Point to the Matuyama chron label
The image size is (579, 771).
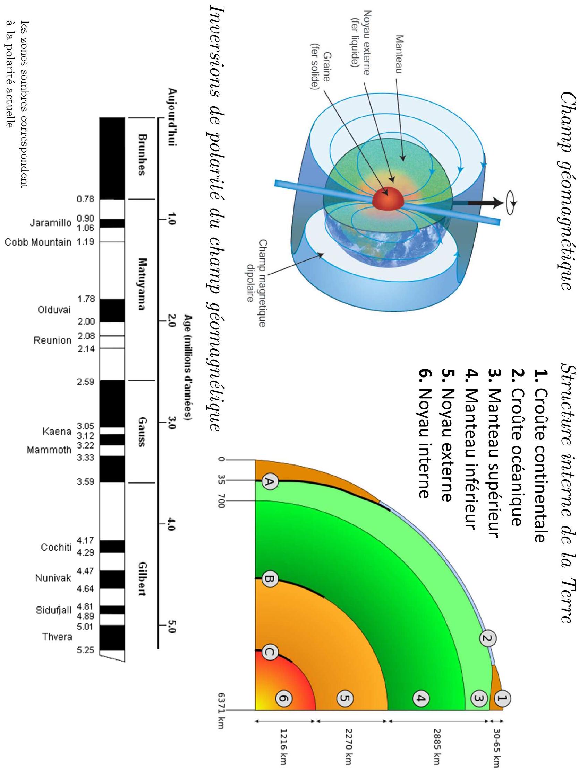pos(141,284)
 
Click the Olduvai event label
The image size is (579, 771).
pos(54,310)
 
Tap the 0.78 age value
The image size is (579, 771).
pos(85,200)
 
